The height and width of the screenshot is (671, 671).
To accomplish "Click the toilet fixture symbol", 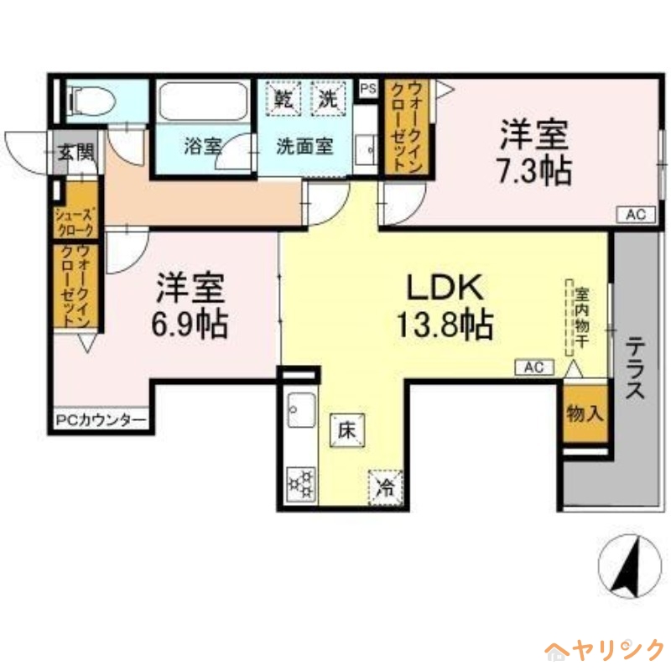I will point(90,101).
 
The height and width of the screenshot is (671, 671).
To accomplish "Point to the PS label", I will point(367,87).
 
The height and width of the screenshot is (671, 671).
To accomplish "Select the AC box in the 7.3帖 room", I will point(636,216).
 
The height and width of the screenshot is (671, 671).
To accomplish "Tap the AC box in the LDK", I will point(534,367).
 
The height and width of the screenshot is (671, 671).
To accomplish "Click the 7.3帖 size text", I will point(534,173).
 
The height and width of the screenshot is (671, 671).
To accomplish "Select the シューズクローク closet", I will point(75,221).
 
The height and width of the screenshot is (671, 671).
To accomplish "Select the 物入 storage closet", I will point(584,413).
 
